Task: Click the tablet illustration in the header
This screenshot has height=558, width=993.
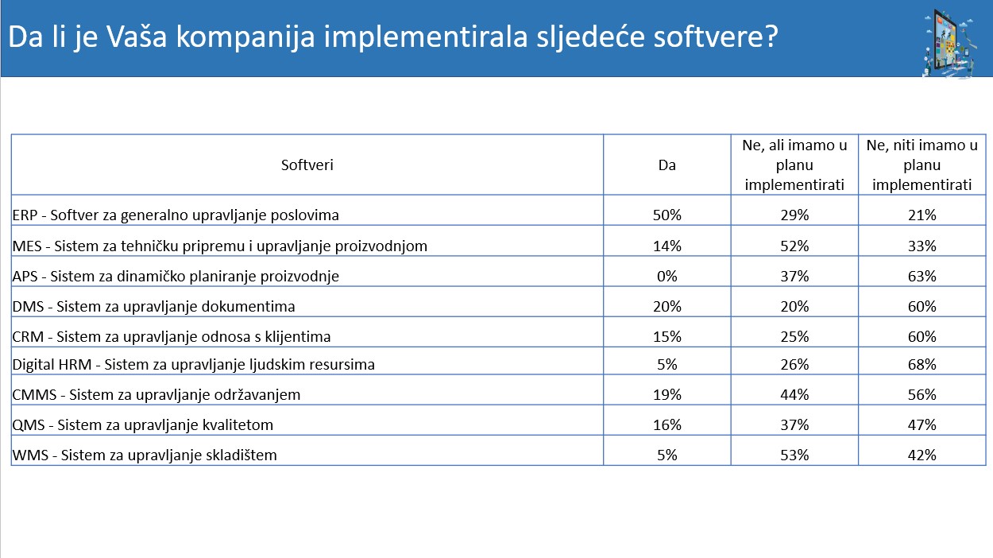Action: tap(950, 44)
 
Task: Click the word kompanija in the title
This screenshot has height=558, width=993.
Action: tap(245, 37)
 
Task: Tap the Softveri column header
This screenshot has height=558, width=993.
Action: tap(307, 165)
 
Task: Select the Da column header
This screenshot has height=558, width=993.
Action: tap(667, 165)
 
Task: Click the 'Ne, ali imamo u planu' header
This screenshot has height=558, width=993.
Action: tap(794, 165)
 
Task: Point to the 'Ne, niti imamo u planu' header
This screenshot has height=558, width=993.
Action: tap(922, 165)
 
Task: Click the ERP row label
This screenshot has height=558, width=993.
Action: tap(176, 215)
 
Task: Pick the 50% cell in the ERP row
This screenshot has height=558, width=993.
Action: tap(667, 215)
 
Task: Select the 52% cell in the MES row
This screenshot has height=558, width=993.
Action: tap(794, 246)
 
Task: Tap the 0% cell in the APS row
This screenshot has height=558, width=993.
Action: tap(667, 277)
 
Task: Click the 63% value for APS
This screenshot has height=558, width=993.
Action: tap(922, 277)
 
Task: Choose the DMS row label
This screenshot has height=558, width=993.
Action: tap(153, 307)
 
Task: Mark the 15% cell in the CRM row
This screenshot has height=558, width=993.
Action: tap(667, 337)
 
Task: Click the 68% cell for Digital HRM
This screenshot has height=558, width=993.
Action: tap(922, 365)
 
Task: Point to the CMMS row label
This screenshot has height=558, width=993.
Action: tap(156, 395)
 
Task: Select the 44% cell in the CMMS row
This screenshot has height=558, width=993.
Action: tap(794, 395)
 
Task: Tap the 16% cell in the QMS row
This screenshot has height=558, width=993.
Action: tap(667, 425)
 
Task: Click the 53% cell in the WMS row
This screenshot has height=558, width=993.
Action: tap(794, 455)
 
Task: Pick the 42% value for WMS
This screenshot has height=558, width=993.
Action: tap(922, 455)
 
